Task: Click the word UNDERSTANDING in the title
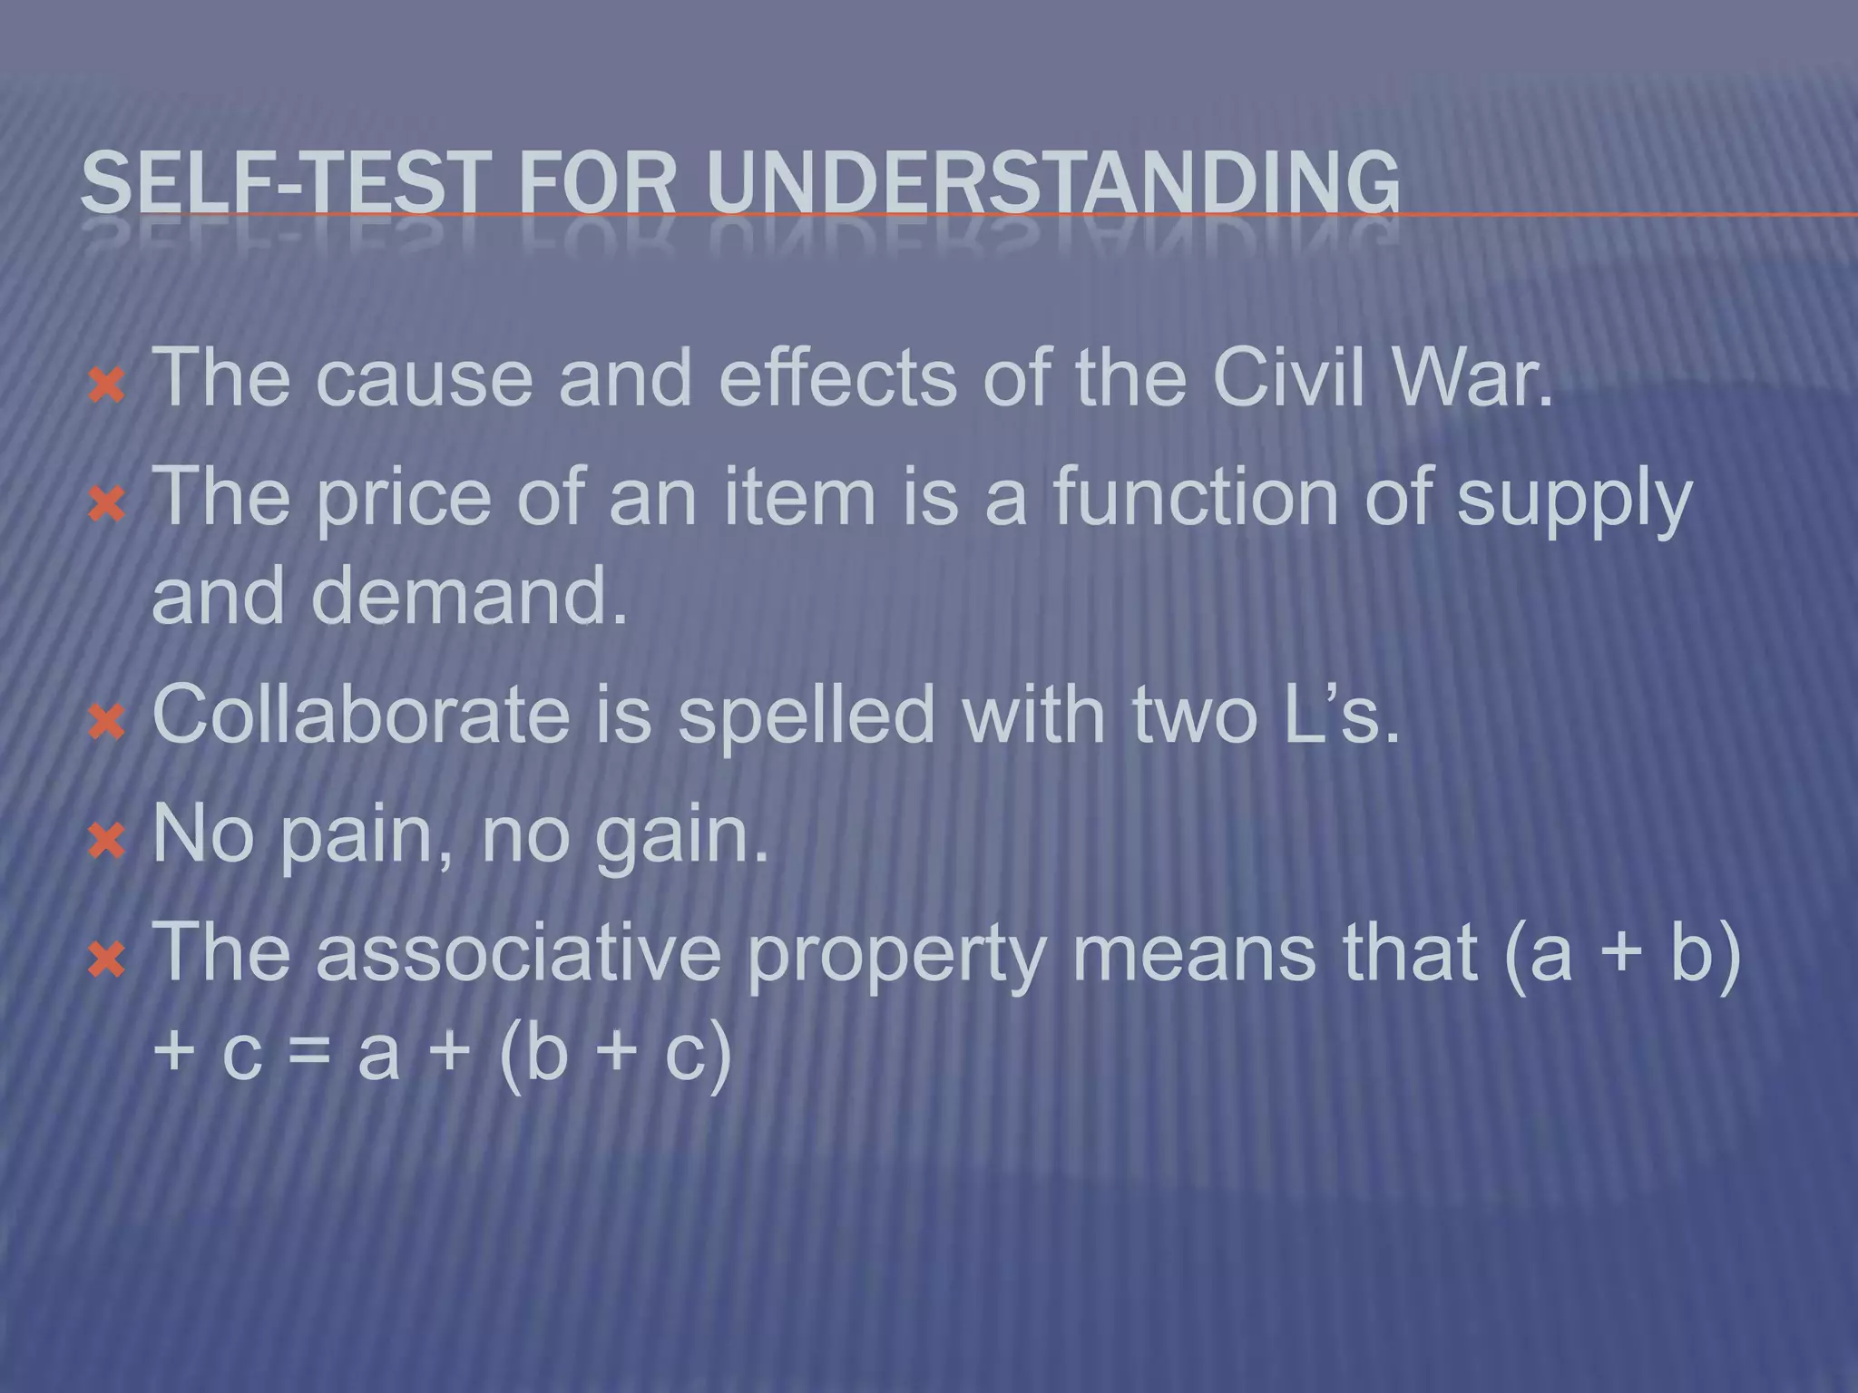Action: click(x=1052, y=184)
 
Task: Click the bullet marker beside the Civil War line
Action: click(x=107, y=385)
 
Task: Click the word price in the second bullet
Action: click(x=404, y=499)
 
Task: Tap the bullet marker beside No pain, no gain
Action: click(x=107, y=842)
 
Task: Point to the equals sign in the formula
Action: click(x=310, y=1054)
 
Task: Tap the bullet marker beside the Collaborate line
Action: click(x=107, y=723)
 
